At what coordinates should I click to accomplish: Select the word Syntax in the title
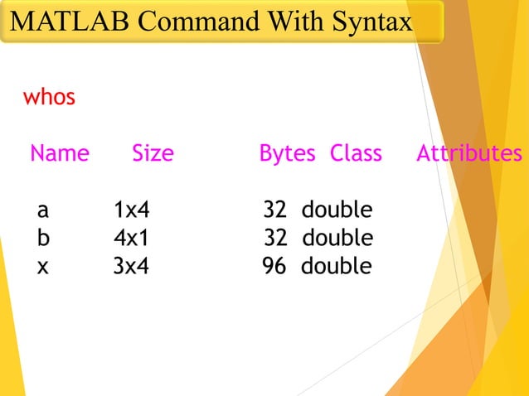coord(370,22)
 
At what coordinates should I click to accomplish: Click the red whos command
coord(49,98)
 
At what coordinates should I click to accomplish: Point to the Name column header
coord(60,153)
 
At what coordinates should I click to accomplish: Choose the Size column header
coord(153,153)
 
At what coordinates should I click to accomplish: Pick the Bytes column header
coord(287,153)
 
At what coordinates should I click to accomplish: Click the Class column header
coord(356,153)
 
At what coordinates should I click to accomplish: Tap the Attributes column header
coord(469,153)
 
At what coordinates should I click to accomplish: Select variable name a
coord(43,210)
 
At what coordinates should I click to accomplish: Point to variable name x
coord(43,267)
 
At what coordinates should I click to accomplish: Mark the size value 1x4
coord(131,210)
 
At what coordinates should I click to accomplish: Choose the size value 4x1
coord(131,239)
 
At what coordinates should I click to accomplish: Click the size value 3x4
coord(131,267)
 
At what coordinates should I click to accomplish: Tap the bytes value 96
coord(274,267)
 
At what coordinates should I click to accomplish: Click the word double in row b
coord(337,239)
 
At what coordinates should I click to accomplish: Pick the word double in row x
coord(337,267)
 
